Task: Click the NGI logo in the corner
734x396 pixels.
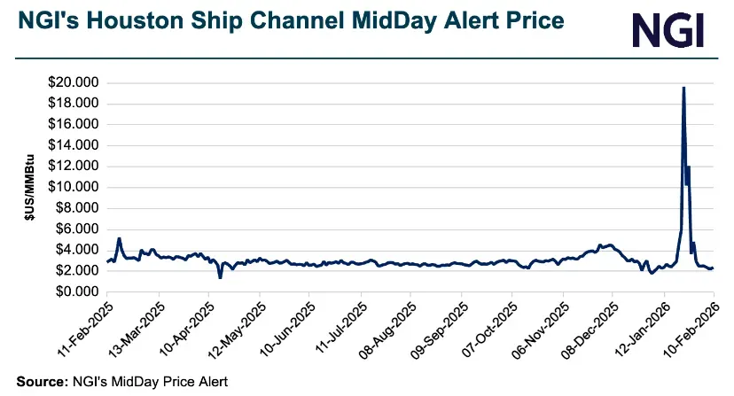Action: [669, 29]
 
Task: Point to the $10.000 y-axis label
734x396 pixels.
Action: [74, 188]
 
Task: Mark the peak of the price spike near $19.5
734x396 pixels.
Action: [683, 88]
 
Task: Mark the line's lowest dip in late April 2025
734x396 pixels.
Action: [220, 277]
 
